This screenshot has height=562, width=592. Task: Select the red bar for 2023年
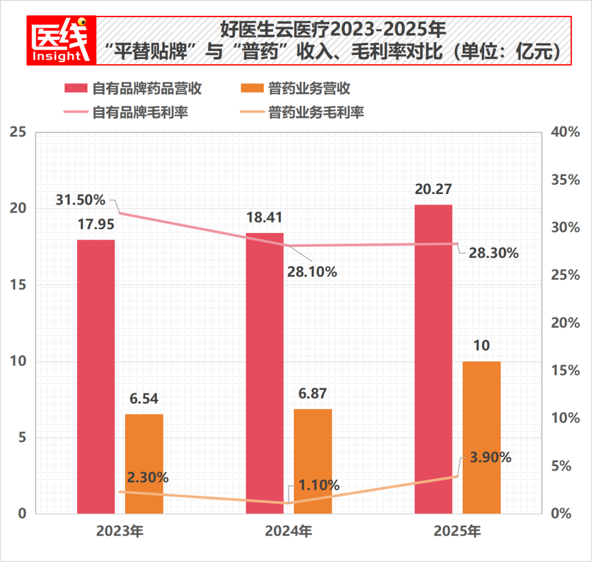coord(96,376)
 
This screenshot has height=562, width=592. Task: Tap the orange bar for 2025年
coord(482,437)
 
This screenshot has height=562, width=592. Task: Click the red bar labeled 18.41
coord(265,373)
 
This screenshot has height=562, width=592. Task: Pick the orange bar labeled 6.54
coord(144,463)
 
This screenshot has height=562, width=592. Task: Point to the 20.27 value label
coord(433,189)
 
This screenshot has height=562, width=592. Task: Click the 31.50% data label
coord(80,200)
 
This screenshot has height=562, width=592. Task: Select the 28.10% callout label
coord(312,271)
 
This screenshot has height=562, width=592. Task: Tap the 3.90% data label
coord(491,457)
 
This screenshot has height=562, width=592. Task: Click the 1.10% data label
coord(319,485)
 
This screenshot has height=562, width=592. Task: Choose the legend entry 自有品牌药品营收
coord(134,88)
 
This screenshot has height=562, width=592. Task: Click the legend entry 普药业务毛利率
coord(302,113)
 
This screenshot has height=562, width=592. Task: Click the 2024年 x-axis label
coord(288,531)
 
